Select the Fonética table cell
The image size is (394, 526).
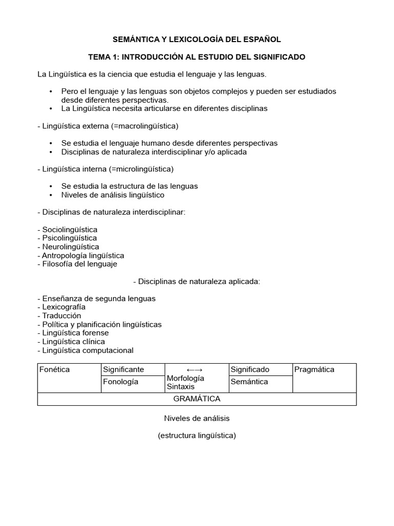54,369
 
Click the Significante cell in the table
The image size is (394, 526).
124,369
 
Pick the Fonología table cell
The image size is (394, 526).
121,382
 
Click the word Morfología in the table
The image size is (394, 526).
186,378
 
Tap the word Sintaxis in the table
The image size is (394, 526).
181,386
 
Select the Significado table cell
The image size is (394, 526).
250,369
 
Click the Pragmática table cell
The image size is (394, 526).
314,369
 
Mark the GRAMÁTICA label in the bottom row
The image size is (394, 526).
196,399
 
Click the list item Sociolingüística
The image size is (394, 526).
69,229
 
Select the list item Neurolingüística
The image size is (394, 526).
70,247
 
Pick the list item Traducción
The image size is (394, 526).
62,315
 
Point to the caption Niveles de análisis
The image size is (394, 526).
196,418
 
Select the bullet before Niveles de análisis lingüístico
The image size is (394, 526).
51,195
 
